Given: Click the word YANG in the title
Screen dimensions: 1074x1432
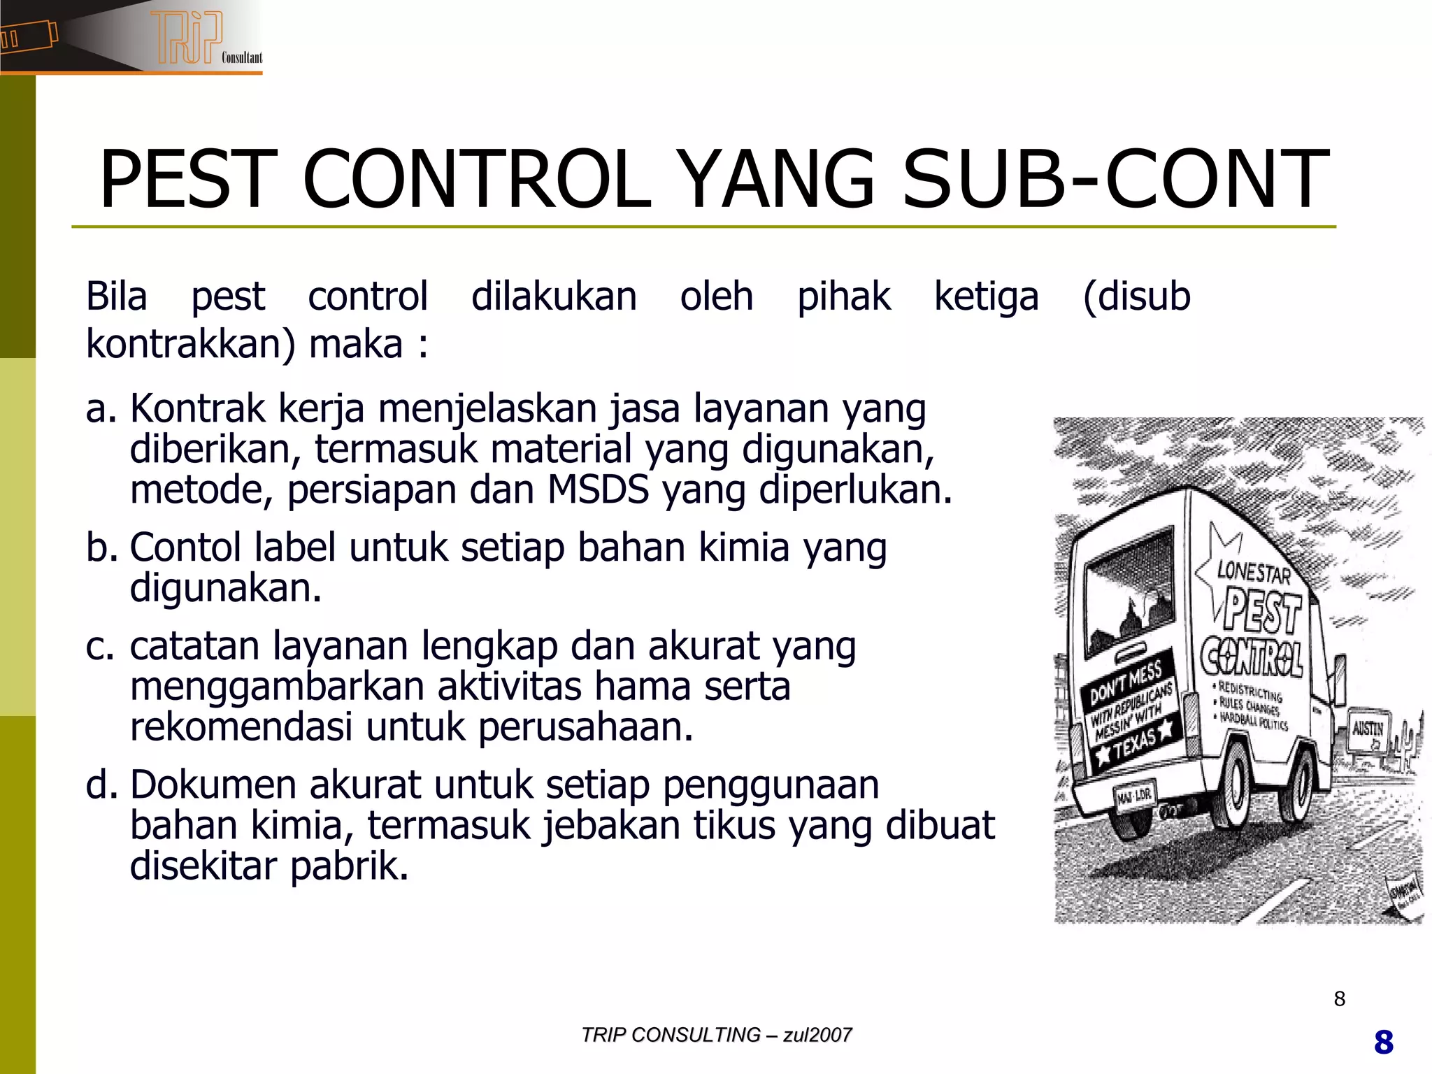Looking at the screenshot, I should pos(777,180).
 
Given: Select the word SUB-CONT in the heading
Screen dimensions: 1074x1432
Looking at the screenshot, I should pos(1115,180).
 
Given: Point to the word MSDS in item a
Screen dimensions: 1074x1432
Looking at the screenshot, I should pos(598,489).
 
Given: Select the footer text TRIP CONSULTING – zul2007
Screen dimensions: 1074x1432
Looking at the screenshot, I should pos(716,1035).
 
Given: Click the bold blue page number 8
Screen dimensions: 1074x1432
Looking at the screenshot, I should pos(1383,1043).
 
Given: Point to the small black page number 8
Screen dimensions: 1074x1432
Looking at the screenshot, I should pos(1339,998).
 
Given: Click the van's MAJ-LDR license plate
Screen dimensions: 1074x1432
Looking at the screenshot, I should pos(1133,796).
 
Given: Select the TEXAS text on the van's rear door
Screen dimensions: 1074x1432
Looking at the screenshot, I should pos(1136,743).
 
